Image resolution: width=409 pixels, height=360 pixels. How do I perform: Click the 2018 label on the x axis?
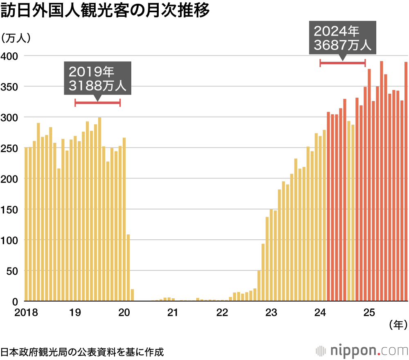[26, 313]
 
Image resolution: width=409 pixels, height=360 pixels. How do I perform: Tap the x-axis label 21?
[173, 313]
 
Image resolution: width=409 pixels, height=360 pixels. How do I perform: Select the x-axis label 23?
[271, 313]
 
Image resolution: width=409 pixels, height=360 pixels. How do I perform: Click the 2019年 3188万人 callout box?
[97, 79]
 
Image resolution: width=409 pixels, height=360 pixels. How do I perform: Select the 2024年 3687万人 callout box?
[342, 38]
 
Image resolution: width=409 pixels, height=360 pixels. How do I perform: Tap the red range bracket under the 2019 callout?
[97, 103]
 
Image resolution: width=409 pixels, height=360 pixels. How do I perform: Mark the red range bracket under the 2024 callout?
[342, 63]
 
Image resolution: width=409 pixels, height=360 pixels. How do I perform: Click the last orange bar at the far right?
[406, 182]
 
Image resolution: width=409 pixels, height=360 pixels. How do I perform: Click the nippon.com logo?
[362, 351]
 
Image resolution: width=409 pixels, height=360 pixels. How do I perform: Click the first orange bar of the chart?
[328, 207]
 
